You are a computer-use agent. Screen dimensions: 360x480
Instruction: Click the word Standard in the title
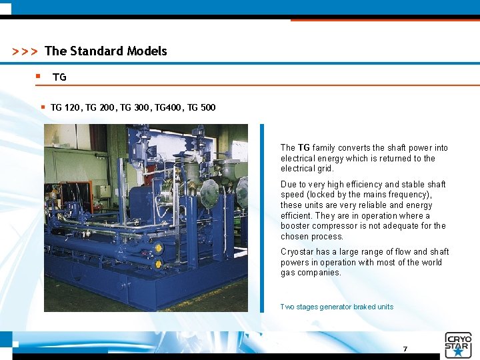click(96, 51)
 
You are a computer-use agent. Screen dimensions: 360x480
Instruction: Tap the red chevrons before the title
click(25, 52)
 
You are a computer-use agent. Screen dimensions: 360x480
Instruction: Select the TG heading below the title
click(59, 77)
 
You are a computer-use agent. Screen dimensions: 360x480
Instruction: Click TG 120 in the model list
click(65, 107)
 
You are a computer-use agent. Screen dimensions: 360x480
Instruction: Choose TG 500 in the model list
click(201, 107)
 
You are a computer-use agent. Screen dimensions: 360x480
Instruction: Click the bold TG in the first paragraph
click(304, 148)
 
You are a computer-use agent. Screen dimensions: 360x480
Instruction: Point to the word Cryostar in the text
click(296, 252)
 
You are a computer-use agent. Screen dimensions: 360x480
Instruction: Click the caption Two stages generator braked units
click(337, 307)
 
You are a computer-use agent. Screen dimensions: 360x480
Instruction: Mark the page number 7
click(405, 349)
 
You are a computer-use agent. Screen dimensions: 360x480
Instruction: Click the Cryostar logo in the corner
click(458, 345)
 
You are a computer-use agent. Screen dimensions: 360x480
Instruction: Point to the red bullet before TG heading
click(38, 77)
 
